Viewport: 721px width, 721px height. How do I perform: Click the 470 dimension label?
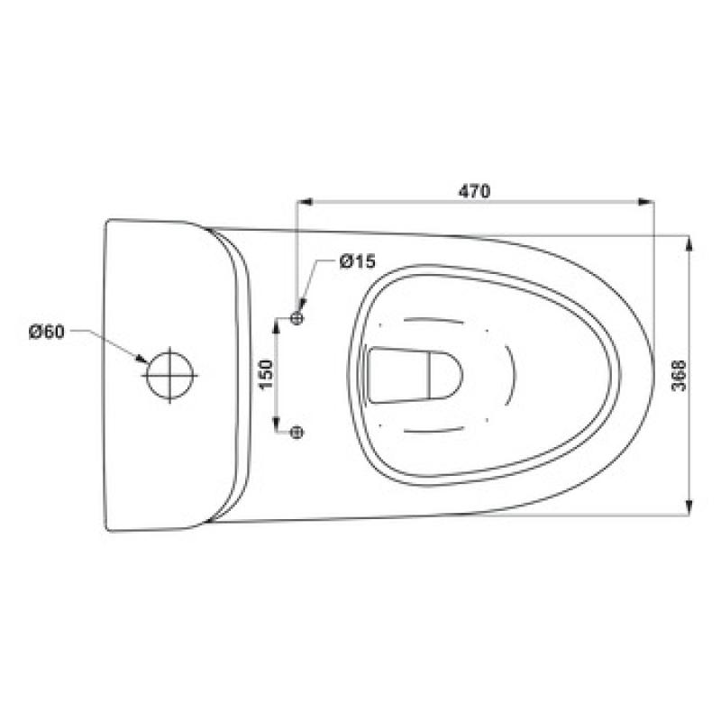(475, 191)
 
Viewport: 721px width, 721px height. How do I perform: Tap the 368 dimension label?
(679, 375)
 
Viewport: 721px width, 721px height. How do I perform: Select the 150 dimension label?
(266, 375)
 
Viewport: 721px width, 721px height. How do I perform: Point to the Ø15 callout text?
(357, 261)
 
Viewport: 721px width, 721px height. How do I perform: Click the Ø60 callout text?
(47, 332)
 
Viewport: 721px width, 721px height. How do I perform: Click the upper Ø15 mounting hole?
(297, 318)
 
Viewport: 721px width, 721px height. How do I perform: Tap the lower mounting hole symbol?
(297, 432)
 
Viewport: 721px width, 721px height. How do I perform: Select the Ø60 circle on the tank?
(170, 375)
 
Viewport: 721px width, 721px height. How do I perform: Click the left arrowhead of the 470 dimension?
(305, 201)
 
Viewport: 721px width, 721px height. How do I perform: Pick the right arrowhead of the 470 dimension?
(646, 201)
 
